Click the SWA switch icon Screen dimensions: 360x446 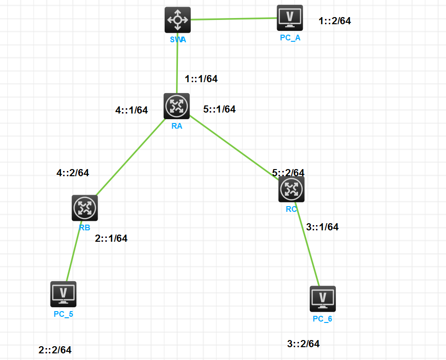click(x=177, y=20)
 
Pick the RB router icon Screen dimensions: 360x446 click(x=84, y=208)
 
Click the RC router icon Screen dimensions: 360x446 click(x=291, y=189)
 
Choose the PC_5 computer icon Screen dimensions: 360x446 click(x=63, y=294)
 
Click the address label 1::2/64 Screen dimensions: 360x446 click(x=335, y=21)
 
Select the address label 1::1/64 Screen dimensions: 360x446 click(x=201, y=79)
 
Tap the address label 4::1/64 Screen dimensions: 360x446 click(x=131, y=110)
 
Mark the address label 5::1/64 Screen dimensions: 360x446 click(x=219, y=109)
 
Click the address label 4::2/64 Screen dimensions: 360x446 click(x=73, y=173)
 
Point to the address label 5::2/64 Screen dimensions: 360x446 click(x=288, y=173)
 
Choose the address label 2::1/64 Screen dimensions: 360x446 click(x=111, y=238)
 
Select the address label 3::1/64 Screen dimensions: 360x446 click(x=322, y=227)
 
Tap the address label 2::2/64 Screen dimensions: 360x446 click(x=55, y=350)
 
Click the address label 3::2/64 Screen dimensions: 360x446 click(x=303, y=344)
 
